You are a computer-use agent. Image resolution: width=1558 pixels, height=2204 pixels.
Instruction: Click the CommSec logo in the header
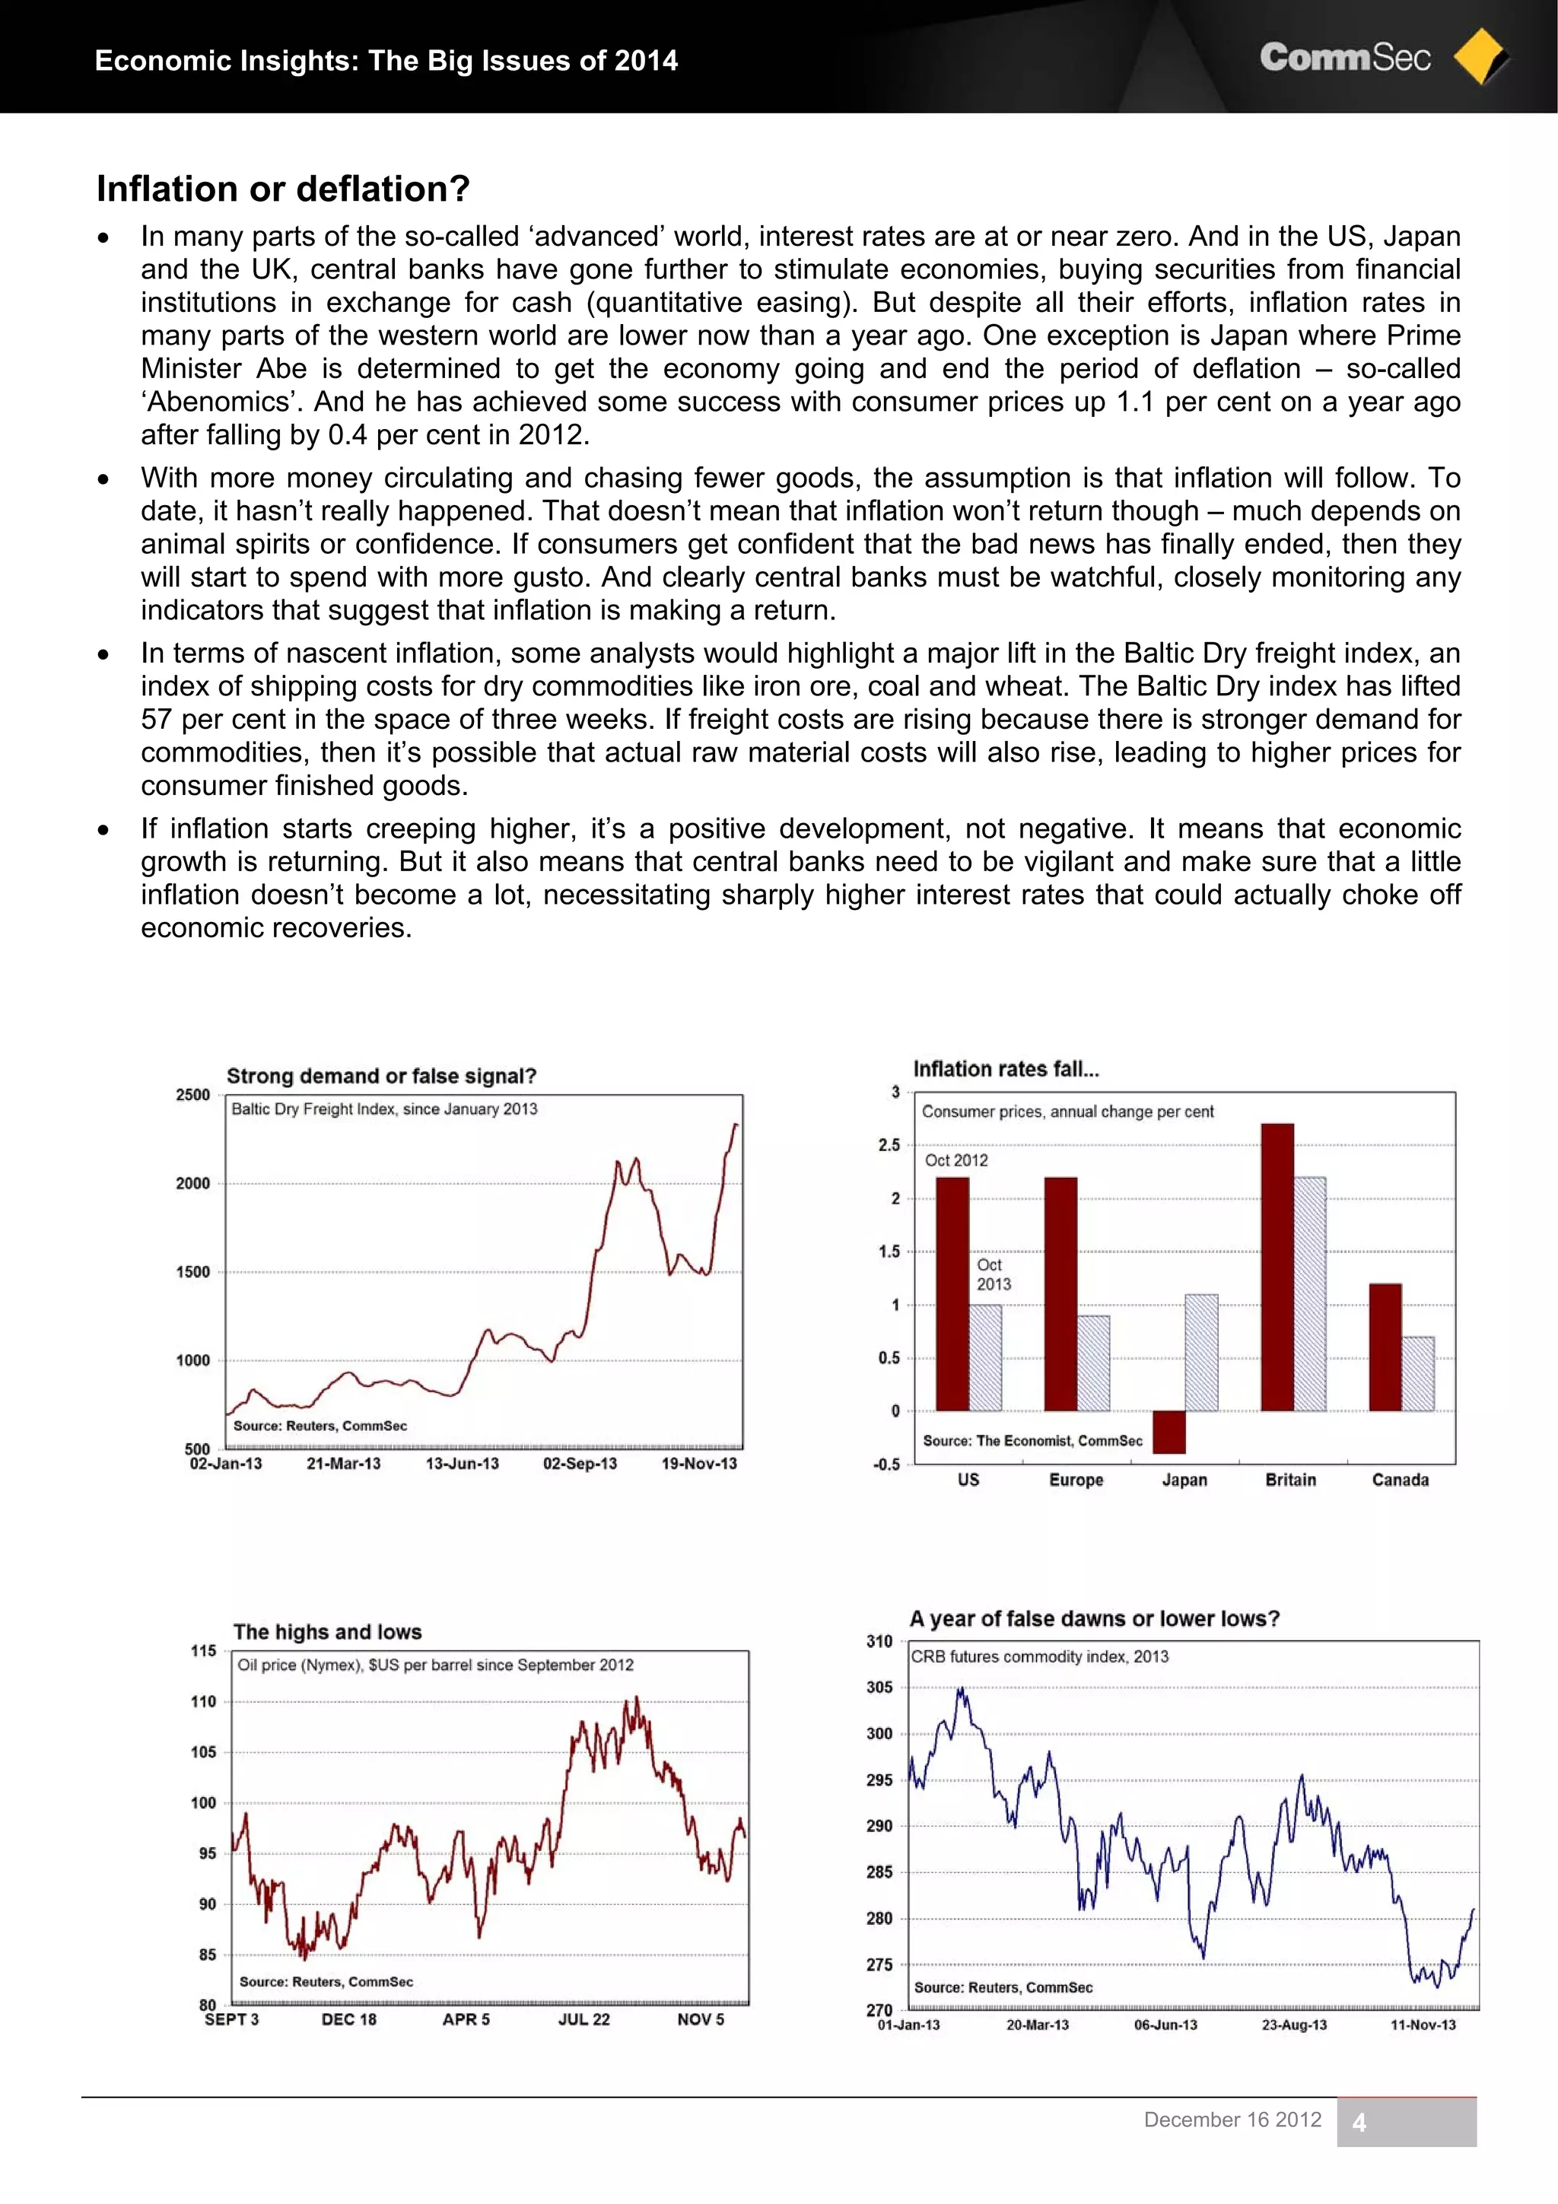pyautogui.click(x=1382, y=58)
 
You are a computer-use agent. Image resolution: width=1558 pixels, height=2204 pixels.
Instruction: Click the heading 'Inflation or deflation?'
pyautogui.click(x=283, y=189)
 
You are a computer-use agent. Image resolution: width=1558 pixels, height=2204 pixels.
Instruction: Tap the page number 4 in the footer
pyautogui.click(x=1359, y=2123)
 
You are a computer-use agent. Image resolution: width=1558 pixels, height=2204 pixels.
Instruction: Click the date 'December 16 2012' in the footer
pyautogui.click(x=1232, y=2120)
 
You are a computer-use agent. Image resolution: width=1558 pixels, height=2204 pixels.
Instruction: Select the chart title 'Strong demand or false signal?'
pyautogui.click(x=381, y=1076)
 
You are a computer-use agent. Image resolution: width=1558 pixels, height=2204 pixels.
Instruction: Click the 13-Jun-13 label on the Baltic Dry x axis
pyautogui.click(x=462, y=1464)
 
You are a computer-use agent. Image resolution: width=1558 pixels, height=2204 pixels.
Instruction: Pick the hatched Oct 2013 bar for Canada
pyautogui.click(x=1418, y=1374)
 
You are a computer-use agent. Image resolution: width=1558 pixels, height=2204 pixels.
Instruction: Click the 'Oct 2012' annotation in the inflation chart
pyautogui.click(x=956, y=1160)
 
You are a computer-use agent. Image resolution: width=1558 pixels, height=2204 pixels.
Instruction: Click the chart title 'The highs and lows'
pyautogui.click(x=327, y=1632)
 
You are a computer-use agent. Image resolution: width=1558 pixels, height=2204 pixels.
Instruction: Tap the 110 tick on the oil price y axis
pyautogui.click(x=204, y=1702)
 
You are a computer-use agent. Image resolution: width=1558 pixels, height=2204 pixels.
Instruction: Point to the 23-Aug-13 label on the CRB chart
pyautogui.click(x=1294, y=2025)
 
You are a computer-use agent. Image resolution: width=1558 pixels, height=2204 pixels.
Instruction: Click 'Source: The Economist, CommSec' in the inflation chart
pyautogui.click(x=1032, y=1441)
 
